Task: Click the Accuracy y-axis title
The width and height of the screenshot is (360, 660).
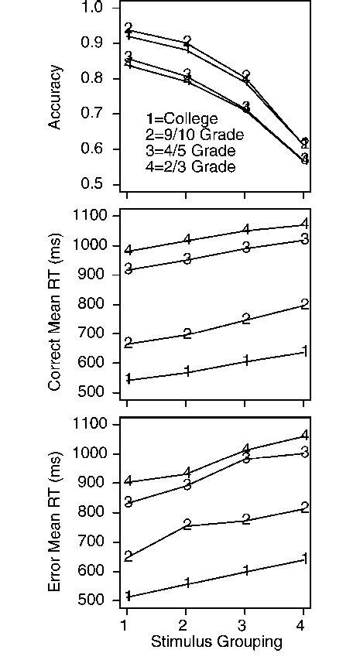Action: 55,97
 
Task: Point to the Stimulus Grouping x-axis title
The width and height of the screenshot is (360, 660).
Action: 216,641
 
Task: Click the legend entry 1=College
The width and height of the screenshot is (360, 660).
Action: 182,119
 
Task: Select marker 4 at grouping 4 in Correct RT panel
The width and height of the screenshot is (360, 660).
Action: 305,224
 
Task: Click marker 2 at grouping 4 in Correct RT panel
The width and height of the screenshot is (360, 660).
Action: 305,305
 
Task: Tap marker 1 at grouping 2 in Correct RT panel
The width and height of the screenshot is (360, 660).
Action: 187,372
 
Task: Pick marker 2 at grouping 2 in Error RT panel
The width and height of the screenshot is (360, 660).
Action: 187,525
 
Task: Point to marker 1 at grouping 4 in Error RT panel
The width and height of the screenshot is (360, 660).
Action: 305,559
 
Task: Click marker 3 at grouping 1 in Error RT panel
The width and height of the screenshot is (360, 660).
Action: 128,503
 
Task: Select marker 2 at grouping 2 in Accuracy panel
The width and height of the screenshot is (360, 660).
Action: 187,41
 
